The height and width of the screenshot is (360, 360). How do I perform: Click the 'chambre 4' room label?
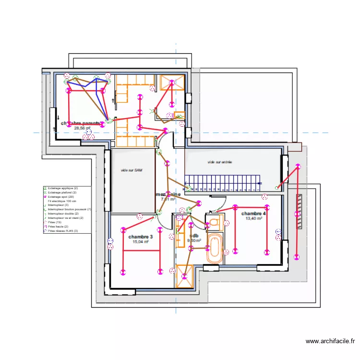(253, 214)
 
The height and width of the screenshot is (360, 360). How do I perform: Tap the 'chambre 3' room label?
(141, 237)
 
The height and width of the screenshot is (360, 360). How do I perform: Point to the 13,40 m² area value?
(253, 218)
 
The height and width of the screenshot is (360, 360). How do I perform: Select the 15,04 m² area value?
(141, 242)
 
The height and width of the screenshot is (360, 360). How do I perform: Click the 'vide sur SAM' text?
(132, 170)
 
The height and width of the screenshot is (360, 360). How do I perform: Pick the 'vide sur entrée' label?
(220, 162)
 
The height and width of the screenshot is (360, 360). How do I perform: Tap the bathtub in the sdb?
(214, 246)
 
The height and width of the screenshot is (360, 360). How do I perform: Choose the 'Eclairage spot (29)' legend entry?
(61, 197)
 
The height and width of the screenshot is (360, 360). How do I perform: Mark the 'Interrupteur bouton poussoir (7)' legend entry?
(69, 209)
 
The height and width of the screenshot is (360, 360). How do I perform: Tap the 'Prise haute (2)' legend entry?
(59, 227)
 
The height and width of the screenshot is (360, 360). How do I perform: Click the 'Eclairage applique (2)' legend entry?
(63, 188)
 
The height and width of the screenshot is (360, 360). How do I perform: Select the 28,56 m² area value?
(82, 128)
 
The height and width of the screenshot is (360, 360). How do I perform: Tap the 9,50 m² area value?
(194, 240)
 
